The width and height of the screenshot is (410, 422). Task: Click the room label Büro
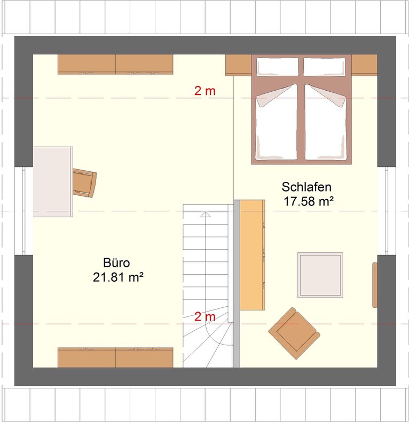tap(116, 262)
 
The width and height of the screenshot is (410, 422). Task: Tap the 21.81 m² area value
tap(118, 277)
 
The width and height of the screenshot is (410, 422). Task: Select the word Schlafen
tap(306, 187)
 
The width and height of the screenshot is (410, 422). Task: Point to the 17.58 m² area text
tap(309, 202)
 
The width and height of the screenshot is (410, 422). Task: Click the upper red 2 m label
tap(205, 91)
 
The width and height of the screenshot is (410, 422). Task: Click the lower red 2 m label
tap(205, 317)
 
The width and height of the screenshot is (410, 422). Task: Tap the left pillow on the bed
tap(278, 67)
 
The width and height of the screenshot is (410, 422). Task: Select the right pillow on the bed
tap(325, 67)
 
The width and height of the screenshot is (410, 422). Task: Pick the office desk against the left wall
tap(53, 182)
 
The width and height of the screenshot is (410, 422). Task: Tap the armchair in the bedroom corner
tap(294, 333)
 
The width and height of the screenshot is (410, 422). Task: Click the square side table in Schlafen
tap(320, 275)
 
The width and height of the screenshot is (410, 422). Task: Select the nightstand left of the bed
tap(239, 65)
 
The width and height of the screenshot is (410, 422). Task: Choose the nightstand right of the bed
tap(365, 65)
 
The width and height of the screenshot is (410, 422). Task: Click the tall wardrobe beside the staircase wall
tap(253, 255)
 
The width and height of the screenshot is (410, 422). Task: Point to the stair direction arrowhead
tap(206, 214)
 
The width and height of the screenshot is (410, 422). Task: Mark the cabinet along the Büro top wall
tap(115, 64)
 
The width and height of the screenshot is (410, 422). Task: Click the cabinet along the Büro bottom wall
tap(115, 357)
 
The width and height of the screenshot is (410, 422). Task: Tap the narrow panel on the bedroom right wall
tap(375, 285)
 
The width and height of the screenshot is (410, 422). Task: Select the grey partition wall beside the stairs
tap(237, 284)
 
